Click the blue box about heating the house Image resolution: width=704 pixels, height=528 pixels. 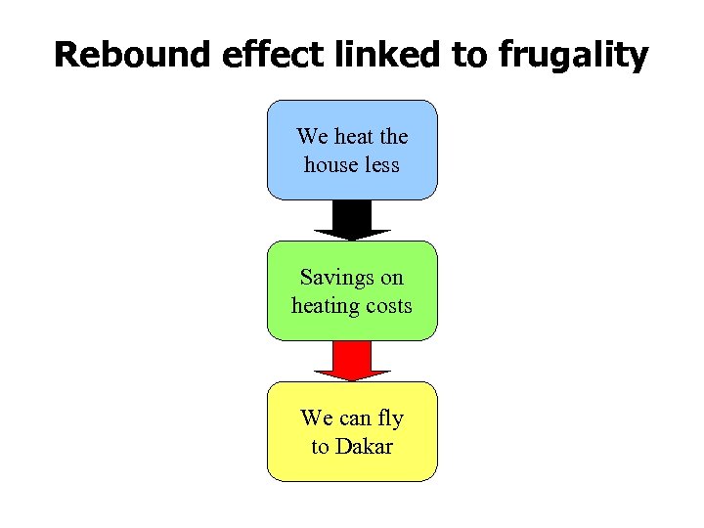click(x=352, y=150)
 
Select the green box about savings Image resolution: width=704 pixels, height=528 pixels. click(x=352, y=290)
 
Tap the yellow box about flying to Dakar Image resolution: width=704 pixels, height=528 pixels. click(x=352, y=431)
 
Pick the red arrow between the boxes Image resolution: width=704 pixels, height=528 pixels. click(x=352, y=361)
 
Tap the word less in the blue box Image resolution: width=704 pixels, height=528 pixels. click(x=382, y=164)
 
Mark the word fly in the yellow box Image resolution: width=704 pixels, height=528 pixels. click(x=390, y=418)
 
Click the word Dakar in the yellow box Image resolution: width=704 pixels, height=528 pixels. click(x=365, y=447)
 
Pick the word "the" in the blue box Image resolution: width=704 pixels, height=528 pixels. click(x=394, y=136)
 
